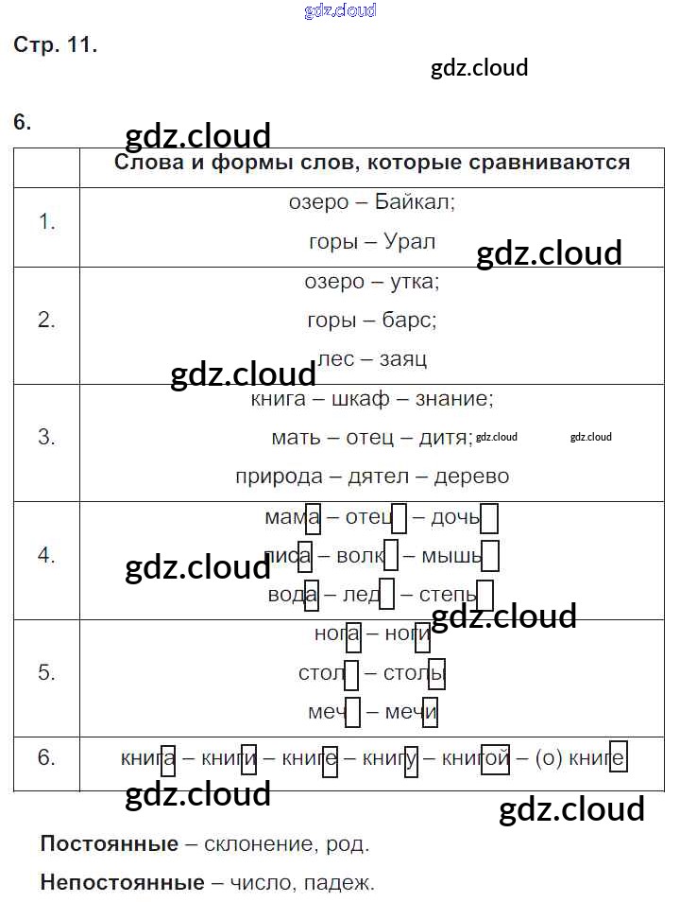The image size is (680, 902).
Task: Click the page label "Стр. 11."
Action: click(55, 44)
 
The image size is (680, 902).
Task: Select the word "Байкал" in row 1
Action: click(415, 202)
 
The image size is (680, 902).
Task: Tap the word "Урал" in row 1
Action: click(410, 241)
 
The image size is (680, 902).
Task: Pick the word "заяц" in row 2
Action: click(403, 358)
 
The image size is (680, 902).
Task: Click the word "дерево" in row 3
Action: click(471, 476)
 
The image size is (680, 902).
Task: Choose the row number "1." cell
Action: click(47, 222)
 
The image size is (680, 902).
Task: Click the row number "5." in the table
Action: click(47, 672)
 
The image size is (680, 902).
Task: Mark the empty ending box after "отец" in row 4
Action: click(399, 518)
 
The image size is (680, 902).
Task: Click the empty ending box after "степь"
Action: click(484, 596)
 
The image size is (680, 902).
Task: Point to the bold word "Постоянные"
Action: click(110, 843)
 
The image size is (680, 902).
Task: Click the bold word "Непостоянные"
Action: click(123, 883)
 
